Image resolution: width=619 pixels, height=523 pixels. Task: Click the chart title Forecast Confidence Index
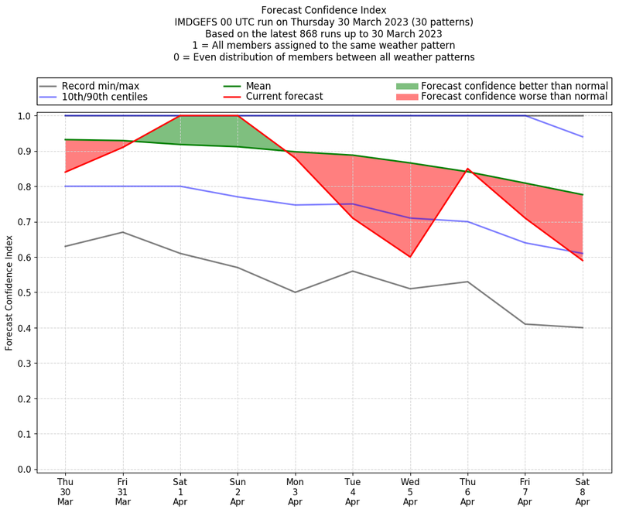[x=323, y=10]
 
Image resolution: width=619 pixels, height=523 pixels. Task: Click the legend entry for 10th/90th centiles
[x=104, y=97]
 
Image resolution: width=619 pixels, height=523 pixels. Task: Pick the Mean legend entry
[x=279, y=86]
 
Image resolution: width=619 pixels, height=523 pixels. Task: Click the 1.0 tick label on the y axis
[x=25, y=116]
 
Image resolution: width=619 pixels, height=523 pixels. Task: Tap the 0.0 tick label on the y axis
[x=25, y=470]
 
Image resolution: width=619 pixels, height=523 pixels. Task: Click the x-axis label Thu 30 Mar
[x=65, y=492]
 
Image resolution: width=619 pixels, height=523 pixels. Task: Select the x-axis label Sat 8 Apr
[x=583, y=492]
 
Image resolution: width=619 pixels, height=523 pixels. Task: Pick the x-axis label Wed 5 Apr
[x=410, y=492]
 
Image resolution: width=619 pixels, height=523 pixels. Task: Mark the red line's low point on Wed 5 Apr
[x=410, y=257]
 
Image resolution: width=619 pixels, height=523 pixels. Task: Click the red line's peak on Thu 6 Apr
[x=467, y=169]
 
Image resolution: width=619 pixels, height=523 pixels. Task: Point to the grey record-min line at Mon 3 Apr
[x=295, y=292]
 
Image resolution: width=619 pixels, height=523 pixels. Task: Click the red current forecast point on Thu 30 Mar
[x=65, y=172]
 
